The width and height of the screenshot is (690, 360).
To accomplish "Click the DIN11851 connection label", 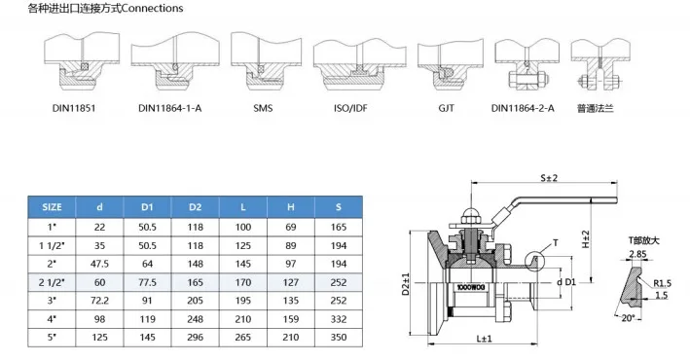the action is [x=74, y=108].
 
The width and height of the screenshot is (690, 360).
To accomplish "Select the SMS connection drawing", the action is [x=267, y=61].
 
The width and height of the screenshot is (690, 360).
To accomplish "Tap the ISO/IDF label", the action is [x=350, y=108].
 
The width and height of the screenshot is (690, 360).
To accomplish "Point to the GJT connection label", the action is [x=446, y=108].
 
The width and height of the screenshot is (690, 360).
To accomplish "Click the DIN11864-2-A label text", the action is [x=523, y=108].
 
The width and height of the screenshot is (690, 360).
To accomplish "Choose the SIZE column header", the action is [x=52, y=207].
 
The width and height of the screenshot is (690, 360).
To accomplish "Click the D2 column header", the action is [x=195, y=207].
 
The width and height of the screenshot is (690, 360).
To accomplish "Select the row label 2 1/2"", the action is [x=52, y=282].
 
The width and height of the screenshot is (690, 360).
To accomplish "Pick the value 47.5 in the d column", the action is [x=100, y=264].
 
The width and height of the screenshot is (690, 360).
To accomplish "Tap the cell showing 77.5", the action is [x=147, y=282].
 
